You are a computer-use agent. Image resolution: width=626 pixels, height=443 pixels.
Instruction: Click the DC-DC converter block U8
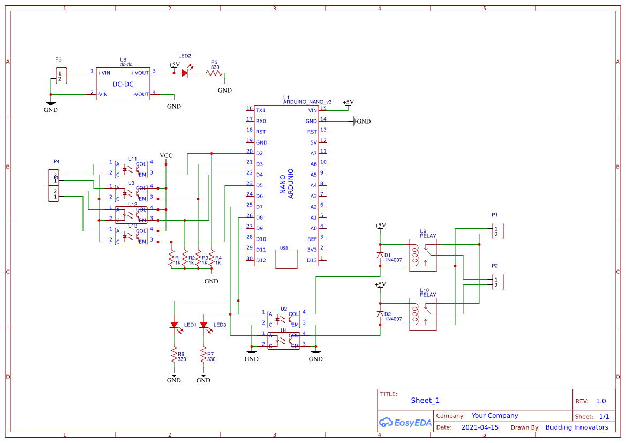click(x=123, y=84)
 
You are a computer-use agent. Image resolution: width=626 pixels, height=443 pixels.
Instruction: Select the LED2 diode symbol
click(x=186, y=72)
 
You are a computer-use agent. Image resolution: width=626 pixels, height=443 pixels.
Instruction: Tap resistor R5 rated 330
click(x=215, y=72)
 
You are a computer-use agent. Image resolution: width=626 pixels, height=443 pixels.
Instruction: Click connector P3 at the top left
click(x=62, y=76)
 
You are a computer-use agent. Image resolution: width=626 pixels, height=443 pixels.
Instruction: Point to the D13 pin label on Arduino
click(x=311, y=260)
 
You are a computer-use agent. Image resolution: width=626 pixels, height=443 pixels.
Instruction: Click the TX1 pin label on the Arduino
click(x=261, y=110)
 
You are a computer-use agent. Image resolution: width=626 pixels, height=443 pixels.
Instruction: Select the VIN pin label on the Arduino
click(x=312, y=110)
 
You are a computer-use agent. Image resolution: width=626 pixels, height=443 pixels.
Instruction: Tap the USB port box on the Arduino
click(x=286, y=258)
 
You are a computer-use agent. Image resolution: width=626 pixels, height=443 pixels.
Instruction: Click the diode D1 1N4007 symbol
click(x=380, y=255)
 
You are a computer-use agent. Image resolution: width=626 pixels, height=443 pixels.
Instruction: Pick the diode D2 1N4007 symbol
click(x=380, y=314)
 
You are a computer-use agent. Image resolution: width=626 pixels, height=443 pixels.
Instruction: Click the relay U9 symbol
click(x=423, y=255)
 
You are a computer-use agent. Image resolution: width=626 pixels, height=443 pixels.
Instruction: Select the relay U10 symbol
click(x=423, y=314)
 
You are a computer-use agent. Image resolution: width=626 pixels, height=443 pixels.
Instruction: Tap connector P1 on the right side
click(x=497, y=231)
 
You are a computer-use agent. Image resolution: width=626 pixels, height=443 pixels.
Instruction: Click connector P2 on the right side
click(x=497, y=282)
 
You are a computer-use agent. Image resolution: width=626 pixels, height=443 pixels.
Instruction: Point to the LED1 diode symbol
click(x=174, y=325)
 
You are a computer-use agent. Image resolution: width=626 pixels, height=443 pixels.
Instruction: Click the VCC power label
click(x=166, y=156)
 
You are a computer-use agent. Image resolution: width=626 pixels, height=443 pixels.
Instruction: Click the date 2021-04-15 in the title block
click(x=480, y=427)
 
